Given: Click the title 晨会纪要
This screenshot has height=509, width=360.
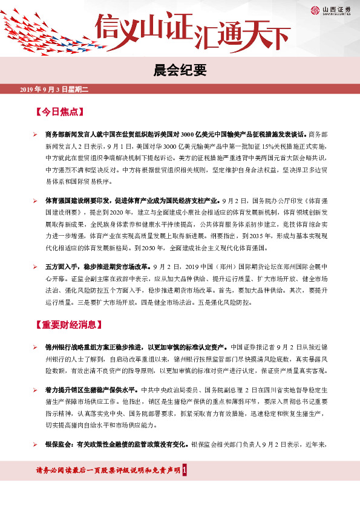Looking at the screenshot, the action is (x=180, y=69).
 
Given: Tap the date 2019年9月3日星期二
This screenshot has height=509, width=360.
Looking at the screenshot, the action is (x=54, y=89).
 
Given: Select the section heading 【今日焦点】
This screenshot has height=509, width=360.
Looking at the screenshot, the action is (x=59, y=112).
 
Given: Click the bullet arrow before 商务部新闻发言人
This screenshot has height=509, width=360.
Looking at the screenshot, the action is (x=36, y=133).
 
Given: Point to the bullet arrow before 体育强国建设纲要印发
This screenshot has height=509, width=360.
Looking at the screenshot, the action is (x=36, y=199).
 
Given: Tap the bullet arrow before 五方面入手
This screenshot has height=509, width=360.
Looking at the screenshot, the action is (x=36, y=266).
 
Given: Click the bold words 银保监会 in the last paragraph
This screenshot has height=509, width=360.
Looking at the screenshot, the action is (x=59, y=445).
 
